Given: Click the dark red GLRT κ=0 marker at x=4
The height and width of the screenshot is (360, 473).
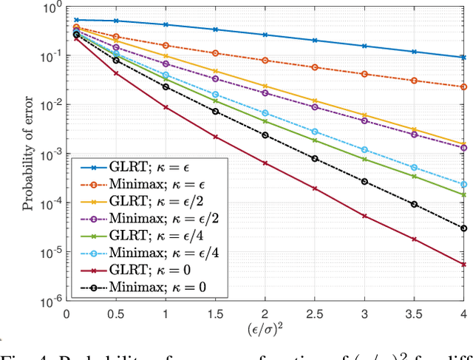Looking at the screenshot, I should [x=463, y=264].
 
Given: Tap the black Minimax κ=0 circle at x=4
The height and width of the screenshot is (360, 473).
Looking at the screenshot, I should [x=463, y=228].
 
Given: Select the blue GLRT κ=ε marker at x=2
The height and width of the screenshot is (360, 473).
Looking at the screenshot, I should [x=265, y=35].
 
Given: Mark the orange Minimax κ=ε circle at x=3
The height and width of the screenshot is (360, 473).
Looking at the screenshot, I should [x=364, y=74].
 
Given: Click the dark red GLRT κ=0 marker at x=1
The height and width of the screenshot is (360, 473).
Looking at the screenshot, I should [x=166, y=107].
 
